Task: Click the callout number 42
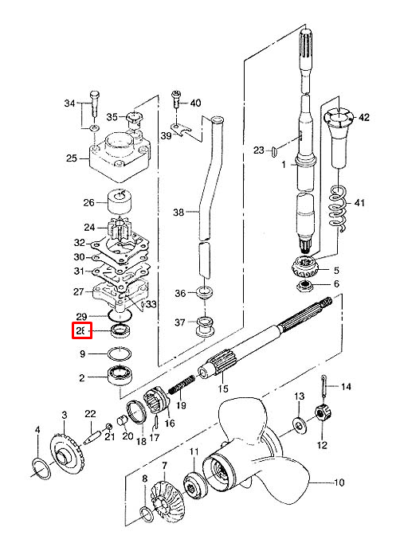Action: click(364, 117)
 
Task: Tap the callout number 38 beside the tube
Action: click(178, 213)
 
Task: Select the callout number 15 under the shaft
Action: click(223, 389)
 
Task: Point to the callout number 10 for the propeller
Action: click(339, 482)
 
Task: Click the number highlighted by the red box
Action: click(81, 330)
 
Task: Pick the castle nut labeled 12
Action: click(323, 413)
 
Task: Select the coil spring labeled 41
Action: click(338, 208)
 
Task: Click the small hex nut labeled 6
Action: click(305, 285)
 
